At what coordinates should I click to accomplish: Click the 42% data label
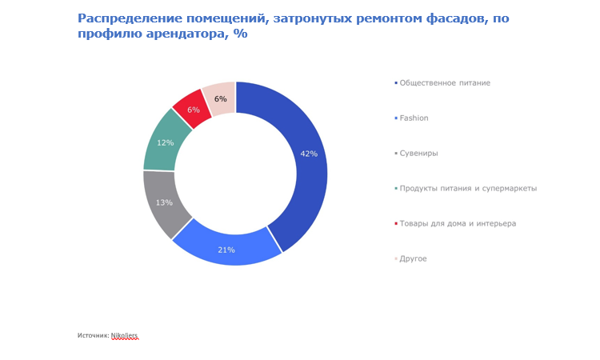(309, 154)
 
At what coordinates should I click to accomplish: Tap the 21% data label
(226, 250)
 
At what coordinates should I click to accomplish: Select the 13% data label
(164, 202)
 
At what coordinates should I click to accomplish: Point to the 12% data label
(166, 142)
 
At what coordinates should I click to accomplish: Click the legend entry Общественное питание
(444, 82)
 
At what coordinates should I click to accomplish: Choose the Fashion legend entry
(414, 118)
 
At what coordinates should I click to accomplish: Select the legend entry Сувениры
(418, 153)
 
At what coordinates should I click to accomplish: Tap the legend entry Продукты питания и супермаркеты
(467, 188)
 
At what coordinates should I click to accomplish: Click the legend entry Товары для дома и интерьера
(457, 223)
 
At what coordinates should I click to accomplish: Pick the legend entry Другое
(413, 258)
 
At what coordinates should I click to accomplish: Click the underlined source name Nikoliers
(125, 335)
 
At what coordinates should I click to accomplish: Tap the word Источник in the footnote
(93, 335)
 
